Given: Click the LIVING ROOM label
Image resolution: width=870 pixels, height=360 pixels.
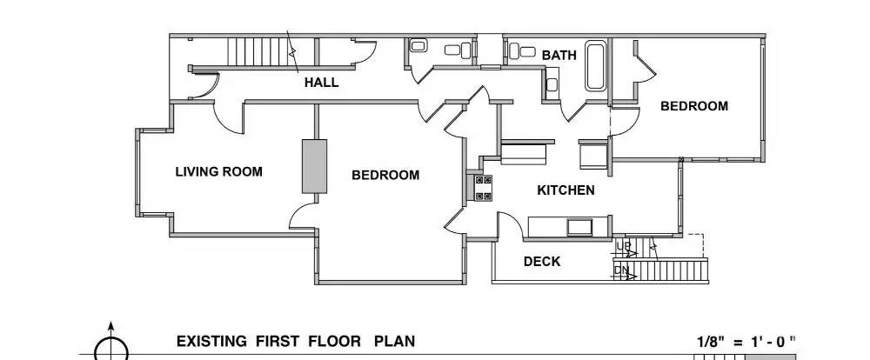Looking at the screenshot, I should coord(218,171).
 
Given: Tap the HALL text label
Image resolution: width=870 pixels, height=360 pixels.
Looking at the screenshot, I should coord(321,83).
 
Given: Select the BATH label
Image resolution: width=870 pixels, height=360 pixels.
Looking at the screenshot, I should coord(559,55).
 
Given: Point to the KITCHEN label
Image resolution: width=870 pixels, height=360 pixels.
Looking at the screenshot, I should coord(565,190).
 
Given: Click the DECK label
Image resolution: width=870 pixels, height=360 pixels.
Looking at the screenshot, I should coord(541,261).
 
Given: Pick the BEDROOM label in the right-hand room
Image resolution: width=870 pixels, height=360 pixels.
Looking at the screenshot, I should coord(693,106).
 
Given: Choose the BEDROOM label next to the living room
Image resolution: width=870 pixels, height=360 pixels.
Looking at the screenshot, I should coord(385,175).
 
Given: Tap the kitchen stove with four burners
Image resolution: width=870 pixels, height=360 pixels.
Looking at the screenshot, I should coord(482,187).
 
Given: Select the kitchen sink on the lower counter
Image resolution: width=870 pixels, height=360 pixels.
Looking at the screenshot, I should coord(579,227).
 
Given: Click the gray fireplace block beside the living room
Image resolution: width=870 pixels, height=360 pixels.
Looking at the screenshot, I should coord(313,165).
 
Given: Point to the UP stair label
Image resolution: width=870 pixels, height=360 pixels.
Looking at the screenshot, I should coord(623,247).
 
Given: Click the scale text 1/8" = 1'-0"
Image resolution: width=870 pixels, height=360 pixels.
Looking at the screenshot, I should coord(746,342).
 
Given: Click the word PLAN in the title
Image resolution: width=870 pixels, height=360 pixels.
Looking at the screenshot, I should coord(394,341).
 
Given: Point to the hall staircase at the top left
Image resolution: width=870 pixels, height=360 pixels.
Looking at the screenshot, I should coord(258,51).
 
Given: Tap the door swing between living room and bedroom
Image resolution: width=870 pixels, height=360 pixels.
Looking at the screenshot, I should coord(301,215).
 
